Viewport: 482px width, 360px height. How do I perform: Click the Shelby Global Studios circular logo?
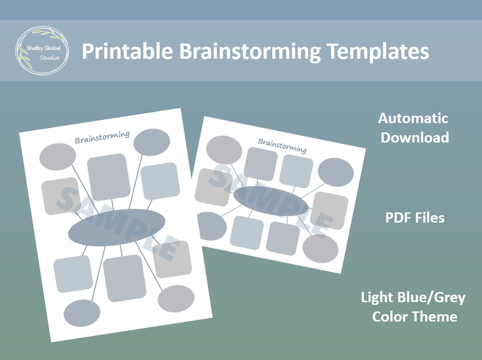click(42, 51)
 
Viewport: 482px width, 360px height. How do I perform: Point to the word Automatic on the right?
click(413, 118)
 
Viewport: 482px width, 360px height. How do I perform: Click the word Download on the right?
click(415, 137)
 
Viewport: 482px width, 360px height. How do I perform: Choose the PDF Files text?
click(415, 217)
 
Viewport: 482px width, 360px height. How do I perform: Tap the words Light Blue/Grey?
click(413, 297)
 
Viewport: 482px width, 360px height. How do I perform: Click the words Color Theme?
click(415, 317)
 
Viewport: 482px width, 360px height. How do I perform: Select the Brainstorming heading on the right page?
click(282, 145)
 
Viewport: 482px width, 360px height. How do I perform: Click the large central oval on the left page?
click(117, 230)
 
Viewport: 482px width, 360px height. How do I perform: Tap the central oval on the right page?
click(270, 201)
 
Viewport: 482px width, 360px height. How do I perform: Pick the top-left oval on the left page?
click(57, 156)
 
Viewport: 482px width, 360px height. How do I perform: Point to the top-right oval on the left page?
click(151, 142)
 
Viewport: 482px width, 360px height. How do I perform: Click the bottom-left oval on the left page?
click(81, 313)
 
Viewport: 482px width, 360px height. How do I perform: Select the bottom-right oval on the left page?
click(175, 298)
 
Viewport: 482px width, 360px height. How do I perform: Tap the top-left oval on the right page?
click(224, 149)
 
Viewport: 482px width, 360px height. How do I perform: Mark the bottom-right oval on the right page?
click(320, 248)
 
